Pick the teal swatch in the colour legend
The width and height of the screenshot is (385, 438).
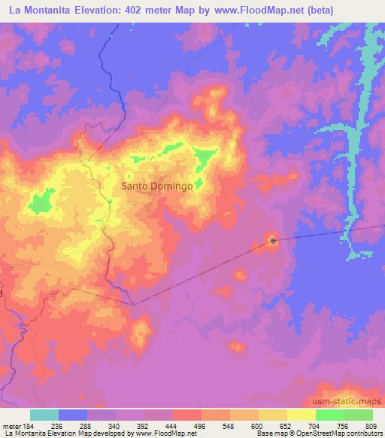[44, 415]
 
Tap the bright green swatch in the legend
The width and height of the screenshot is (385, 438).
[330, 415]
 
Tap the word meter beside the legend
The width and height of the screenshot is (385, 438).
[11, 426]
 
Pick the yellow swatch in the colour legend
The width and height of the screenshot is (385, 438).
[272, 415]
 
